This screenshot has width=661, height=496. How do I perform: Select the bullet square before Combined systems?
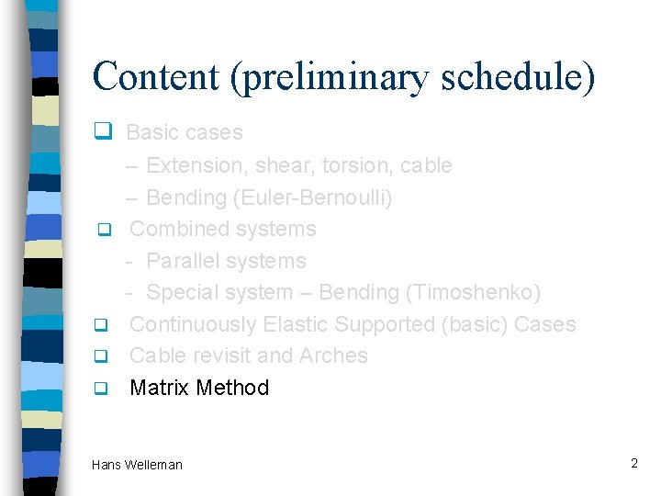pos(104,228)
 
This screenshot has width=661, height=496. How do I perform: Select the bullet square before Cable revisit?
pos(104,356)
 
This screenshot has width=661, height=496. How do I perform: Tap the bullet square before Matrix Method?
pos(104,388)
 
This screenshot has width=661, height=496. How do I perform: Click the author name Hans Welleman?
pos(137,465)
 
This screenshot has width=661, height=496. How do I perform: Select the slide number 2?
pos(633,463)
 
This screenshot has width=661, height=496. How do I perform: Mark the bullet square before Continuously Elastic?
pos(104,324)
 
